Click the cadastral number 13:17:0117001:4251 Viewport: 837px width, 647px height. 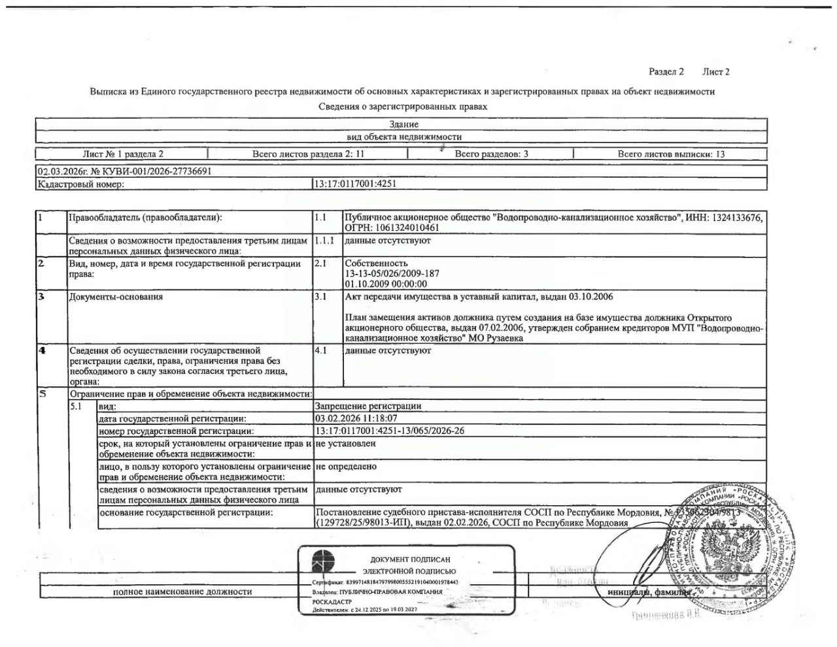(355, 184)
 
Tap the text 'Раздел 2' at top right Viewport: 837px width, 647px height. (666, 72)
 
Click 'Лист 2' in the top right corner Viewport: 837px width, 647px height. (716, 72)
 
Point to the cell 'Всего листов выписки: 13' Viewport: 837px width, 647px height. (671, 154)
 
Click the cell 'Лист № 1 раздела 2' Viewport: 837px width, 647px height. (123, 154)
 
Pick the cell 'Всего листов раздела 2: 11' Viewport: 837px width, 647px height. (308, 154)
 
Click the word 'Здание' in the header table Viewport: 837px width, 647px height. (403, 124)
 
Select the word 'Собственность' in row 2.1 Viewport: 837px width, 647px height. (376, 263)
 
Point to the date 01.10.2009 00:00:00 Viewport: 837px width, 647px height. (386, 284)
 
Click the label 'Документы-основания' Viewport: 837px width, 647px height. (116, 297)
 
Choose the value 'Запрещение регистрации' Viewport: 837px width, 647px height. (368, 406)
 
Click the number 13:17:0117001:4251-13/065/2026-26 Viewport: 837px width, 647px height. (390, 431)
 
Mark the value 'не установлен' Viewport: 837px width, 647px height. (345, 443)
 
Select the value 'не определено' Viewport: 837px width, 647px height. (346, 467)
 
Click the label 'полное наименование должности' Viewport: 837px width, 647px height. (182, 591)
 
